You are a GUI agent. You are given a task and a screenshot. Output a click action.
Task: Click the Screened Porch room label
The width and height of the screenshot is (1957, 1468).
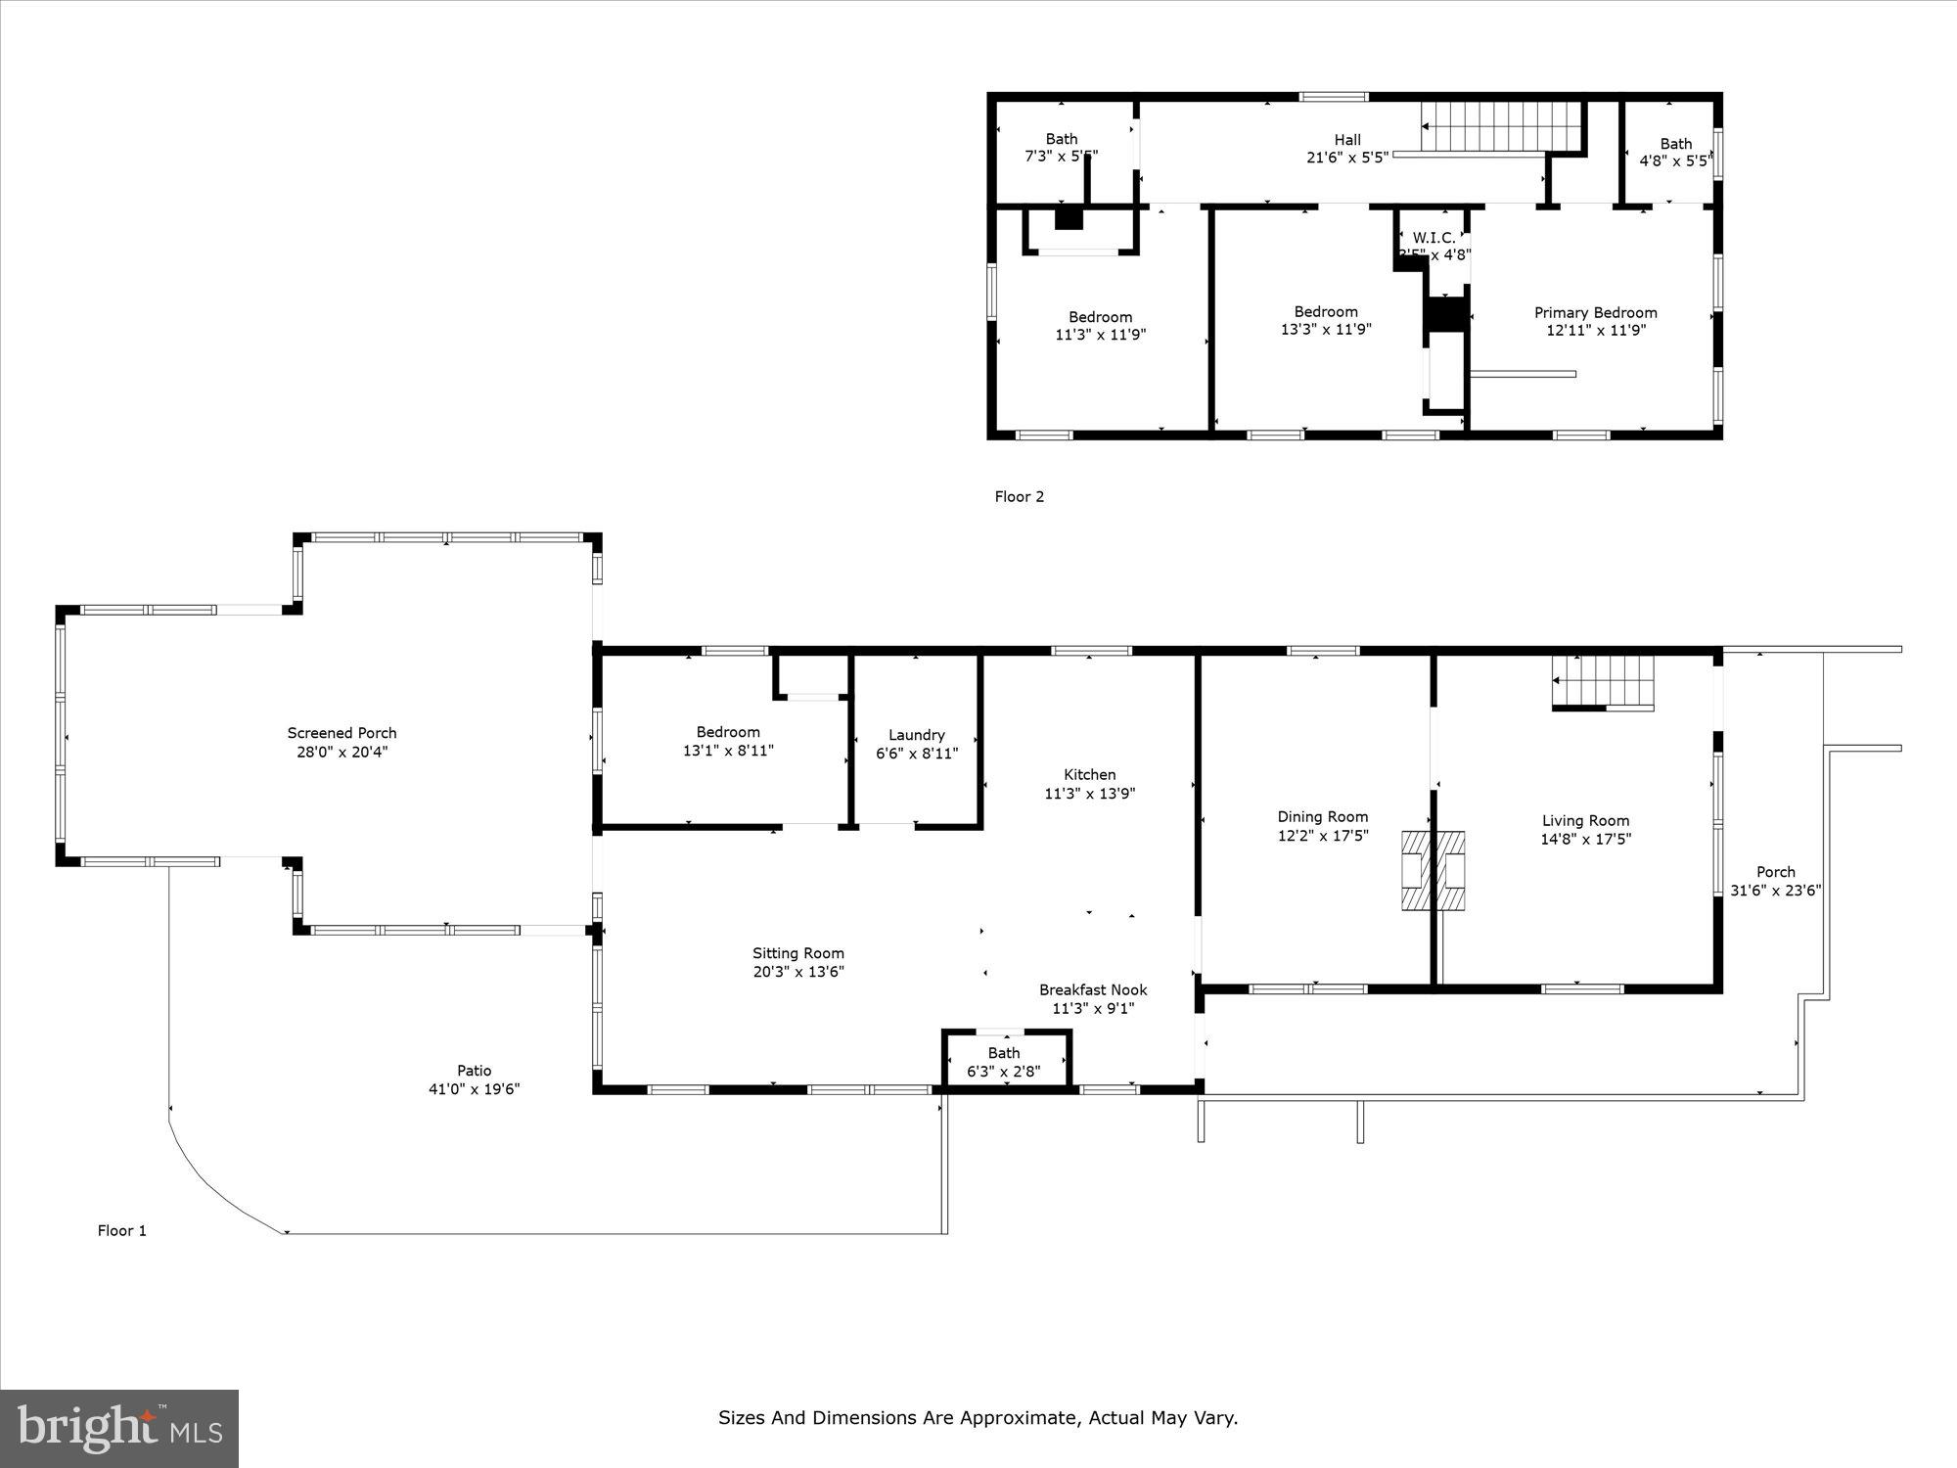pos(341,733)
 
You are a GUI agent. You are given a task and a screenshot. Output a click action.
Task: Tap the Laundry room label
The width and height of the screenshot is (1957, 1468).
pos(916,735)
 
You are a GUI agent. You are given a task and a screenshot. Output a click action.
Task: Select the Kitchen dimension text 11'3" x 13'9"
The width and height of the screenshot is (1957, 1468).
pos(1089,794)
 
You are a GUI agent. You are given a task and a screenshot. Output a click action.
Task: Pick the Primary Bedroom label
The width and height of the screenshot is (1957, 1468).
pos(1595,313)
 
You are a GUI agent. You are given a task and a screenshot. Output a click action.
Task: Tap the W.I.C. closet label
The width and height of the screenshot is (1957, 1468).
pos(1434,238)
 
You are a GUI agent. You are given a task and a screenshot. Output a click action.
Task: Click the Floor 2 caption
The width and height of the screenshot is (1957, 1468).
pos(1019,497)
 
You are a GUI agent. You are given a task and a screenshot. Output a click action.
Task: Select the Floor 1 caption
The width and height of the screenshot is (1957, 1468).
pos(121,1231)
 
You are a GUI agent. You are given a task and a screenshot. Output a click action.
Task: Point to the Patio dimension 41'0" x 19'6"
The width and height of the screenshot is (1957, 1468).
pos(474,1089)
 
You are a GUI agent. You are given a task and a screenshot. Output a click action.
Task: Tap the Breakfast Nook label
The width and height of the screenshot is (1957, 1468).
pos(1092,990)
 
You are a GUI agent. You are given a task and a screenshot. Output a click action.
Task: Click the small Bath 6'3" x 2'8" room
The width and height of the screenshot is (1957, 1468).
pos(1004,1062)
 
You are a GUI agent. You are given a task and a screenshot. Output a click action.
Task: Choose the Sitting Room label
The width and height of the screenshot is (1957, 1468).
pos(797,953)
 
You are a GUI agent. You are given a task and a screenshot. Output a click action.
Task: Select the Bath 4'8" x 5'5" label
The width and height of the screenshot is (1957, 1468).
pos(1675,144)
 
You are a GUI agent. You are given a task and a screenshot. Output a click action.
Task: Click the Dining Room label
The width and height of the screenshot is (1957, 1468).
pos(1322,817)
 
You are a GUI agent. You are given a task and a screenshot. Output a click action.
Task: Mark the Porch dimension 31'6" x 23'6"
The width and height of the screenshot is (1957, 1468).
pos(1775,891)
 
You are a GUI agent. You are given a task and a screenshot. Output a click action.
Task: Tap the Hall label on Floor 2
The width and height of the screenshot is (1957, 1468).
pos(1347,140)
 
